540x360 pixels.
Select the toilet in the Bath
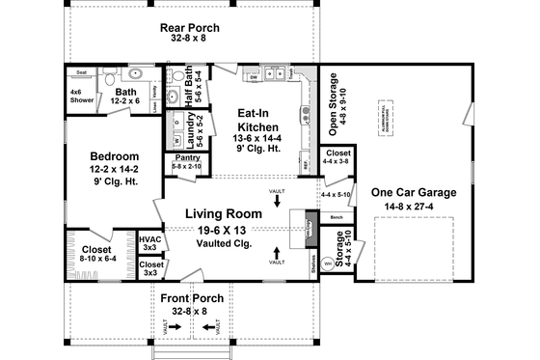112,78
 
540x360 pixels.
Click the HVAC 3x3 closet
149,241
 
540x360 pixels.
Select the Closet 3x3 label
150,267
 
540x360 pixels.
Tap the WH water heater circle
327,262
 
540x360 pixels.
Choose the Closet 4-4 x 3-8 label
337,156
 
